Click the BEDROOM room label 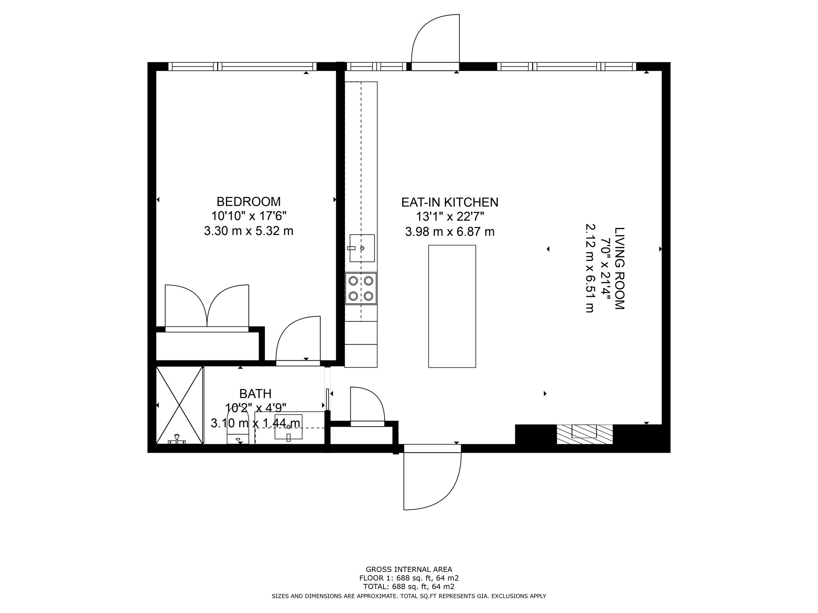248,201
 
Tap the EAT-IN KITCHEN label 450,202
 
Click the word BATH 255,394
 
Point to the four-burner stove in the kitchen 361,289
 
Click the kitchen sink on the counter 362,248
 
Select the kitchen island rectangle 452,306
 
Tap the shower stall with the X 180,405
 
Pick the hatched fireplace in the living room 584,434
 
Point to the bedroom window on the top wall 242,66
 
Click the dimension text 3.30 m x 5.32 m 248,231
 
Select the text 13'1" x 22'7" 450,217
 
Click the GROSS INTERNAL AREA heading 409,569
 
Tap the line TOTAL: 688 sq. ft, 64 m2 409,587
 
